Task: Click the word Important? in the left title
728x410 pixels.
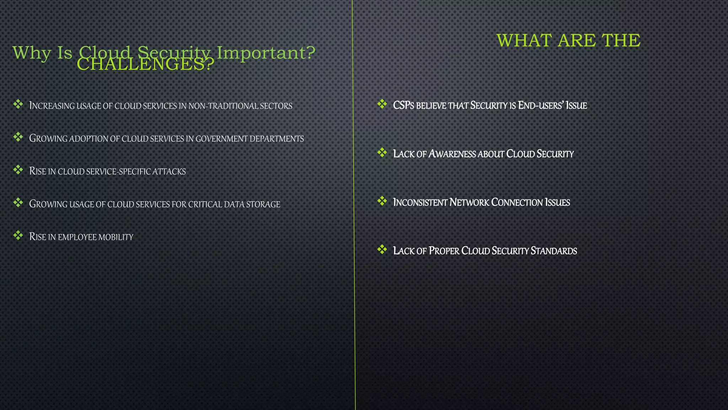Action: [266, 53]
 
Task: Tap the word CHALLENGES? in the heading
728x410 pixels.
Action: [145, 65]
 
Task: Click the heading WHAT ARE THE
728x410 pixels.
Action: [568, 40]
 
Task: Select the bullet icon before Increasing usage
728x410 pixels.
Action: [18, 104]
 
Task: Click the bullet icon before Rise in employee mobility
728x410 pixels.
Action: [18, 235]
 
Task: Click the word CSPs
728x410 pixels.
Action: [403, 106]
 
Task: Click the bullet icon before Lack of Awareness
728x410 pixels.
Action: [382, 153]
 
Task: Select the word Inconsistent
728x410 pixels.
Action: [420, 203]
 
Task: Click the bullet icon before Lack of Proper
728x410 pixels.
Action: [382, 249]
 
